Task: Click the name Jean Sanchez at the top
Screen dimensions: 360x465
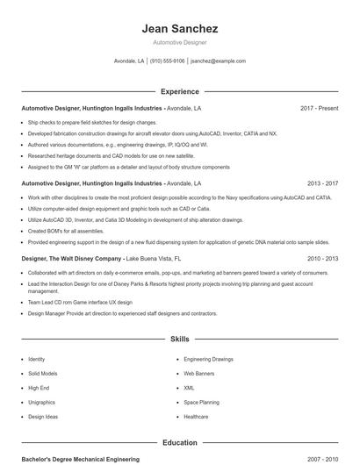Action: point(179,29)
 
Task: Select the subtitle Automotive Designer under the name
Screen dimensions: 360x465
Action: point(179,43)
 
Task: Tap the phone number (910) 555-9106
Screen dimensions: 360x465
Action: point(167,61)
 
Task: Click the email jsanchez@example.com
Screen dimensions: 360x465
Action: point(218,61)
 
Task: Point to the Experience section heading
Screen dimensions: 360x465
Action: point(179,91)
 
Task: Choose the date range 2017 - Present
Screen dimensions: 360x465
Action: point(319,108)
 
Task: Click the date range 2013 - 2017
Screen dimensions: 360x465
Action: point(322,183)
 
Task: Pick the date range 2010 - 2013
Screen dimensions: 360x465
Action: point(322,259)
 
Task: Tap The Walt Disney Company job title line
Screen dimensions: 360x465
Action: point(101,259)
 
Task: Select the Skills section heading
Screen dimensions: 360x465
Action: point(179,338)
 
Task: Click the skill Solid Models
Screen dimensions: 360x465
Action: point(44,373)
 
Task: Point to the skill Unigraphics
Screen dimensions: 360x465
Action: point(42,402)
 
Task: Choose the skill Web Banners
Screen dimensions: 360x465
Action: point(200,373)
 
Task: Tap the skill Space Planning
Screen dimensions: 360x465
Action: point(202,402)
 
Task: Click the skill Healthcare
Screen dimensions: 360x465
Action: point(197,417)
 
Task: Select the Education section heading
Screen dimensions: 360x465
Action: point(179,443)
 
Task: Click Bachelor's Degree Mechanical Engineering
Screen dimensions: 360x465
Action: point(80,459)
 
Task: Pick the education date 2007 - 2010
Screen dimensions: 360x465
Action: point(322,459)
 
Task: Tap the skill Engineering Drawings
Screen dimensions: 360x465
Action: point(208,359)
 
